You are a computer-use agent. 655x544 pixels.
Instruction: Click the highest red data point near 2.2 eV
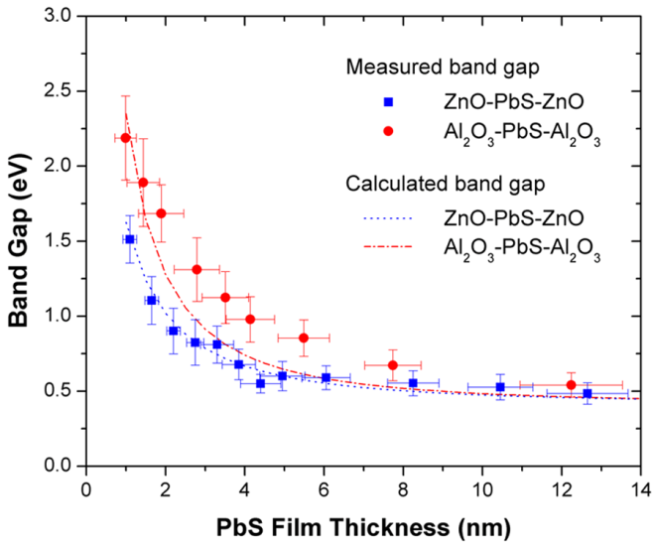tap(125, 138)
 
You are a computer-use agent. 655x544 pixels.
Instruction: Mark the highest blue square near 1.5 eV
tap(130, 239)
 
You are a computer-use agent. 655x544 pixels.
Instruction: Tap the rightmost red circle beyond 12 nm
tap(571, 385)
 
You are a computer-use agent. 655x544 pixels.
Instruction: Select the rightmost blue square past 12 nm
tap(588, 394)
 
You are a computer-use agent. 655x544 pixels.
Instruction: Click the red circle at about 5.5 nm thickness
tap(304, 339)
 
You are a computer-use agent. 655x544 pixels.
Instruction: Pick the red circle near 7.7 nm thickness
tap(393, 365)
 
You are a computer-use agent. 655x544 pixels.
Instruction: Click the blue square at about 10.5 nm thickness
tap(500, 387)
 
